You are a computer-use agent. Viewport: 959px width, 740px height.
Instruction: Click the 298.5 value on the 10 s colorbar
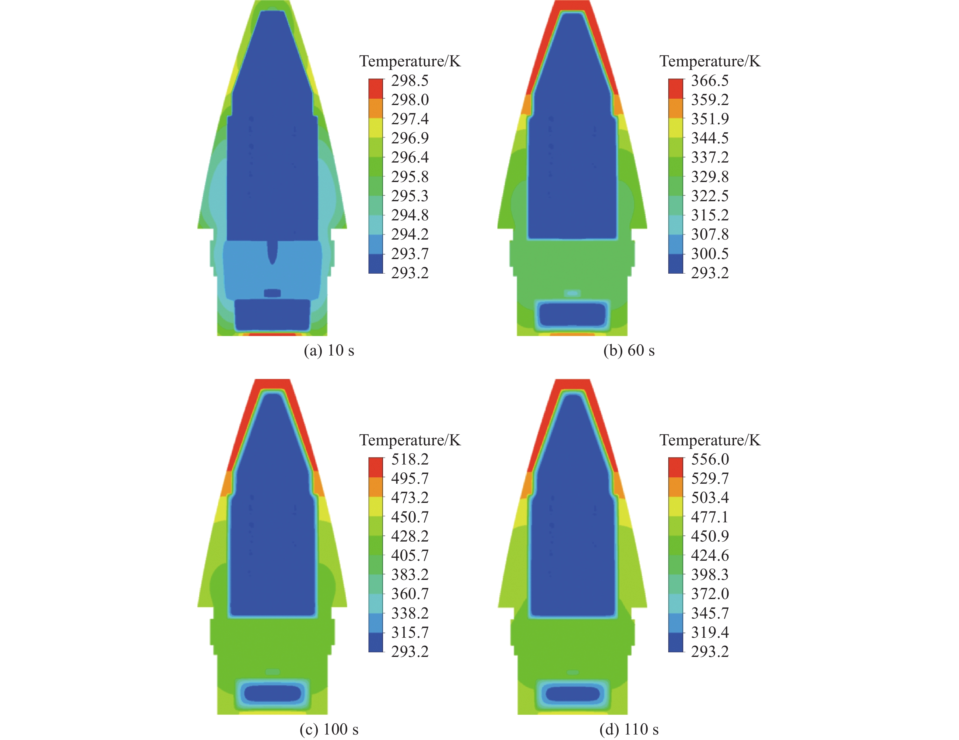(410, 80)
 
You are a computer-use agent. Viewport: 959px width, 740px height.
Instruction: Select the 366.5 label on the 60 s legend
(710, 80)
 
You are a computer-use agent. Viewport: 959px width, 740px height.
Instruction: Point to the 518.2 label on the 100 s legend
(410, 459)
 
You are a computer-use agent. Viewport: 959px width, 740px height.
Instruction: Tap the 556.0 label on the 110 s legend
(710, 459)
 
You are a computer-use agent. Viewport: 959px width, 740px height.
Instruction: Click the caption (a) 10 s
(329, 350)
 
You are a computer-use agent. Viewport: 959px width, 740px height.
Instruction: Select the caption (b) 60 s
(629, 350)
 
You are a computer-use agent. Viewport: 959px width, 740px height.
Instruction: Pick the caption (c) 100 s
(329, 729)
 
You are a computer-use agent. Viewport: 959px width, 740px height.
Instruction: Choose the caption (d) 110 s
(629, 729)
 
